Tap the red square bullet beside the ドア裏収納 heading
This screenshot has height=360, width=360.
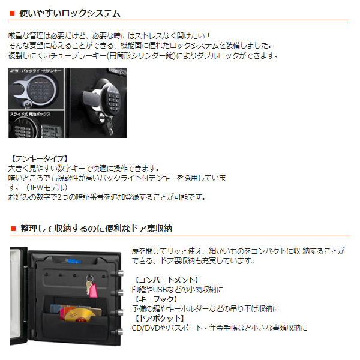point(13,229)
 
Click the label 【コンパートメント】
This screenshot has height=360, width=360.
point(166,280)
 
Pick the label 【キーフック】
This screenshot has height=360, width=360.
point(158,298)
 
